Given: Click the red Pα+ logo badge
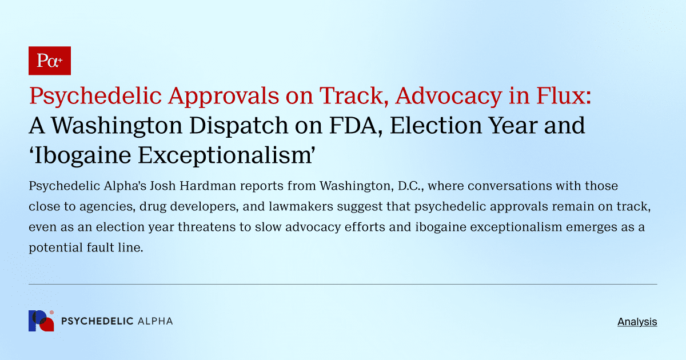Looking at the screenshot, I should pos(50,61).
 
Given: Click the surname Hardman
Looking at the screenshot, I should pos(190,186).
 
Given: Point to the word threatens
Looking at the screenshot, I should pos(202,227).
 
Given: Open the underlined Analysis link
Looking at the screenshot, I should pos(637,322).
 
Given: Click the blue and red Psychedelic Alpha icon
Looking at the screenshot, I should pos(41,321).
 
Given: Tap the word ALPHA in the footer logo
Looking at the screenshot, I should pos(155,321).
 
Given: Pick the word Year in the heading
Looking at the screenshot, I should pos(516,125).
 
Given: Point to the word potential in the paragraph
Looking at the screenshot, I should pos(50,248).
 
